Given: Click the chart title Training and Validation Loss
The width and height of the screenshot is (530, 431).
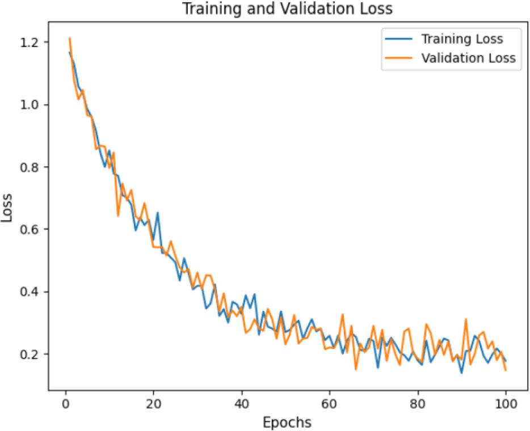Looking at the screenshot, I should [286, 9].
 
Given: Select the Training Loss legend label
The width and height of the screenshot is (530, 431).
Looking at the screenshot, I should [461, 39].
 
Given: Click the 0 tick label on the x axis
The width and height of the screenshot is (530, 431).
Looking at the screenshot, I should [66, 405].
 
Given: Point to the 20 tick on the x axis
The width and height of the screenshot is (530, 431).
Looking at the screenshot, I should [154, 405].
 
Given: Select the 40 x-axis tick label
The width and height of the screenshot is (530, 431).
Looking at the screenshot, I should [242, 405].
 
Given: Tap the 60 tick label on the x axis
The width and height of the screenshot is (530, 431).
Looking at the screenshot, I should [330, 405].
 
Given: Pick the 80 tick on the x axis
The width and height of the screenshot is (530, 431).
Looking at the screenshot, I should [418, 405].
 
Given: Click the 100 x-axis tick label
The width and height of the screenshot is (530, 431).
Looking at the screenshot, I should [506, 405].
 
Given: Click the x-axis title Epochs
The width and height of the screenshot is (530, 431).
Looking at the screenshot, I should [286, 422].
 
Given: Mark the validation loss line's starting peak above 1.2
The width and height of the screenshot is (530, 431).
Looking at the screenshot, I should [70, 39].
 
